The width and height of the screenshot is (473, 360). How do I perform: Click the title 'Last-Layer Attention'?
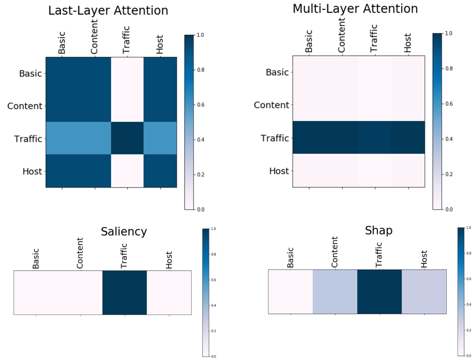coord(108,10)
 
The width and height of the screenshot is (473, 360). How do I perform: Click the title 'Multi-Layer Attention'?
coord(355,9)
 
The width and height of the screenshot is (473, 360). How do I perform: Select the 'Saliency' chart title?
coord(124,231)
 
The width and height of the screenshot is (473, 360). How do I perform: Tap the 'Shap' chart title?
coord(378,230)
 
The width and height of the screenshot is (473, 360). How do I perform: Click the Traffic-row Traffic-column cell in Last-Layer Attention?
coord(127,138)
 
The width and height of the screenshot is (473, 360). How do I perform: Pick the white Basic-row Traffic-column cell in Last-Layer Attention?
coord(127,73)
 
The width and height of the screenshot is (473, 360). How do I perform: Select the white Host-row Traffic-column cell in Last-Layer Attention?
coord(127,171)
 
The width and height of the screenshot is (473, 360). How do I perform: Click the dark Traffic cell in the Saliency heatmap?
coord(125,293)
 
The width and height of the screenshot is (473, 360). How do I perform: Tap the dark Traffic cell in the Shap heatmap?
coord(379,292)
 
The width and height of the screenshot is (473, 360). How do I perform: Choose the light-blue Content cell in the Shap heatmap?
coord(335,292)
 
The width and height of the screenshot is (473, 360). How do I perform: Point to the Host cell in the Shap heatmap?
coord(424,292)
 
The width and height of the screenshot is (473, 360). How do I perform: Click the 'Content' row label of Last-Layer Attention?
coord(25,106)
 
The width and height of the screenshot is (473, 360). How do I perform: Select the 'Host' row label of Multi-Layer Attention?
coord(279,171)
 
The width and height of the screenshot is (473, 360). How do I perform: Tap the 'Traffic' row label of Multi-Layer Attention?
coord(275,138)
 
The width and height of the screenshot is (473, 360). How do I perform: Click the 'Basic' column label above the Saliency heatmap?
coord(36,259)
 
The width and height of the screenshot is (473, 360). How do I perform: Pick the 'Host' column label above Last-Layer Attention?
coord(159,44)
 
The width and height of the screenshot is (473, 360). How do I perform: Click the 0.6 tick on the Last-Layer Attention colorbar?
coord(200,105)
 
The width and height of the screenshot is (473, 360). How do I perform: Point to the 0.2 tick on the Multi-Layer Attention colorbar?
coord(449,174)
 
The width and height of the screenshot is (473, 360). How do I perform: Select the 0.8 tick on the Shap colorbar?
coord(468,253)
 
